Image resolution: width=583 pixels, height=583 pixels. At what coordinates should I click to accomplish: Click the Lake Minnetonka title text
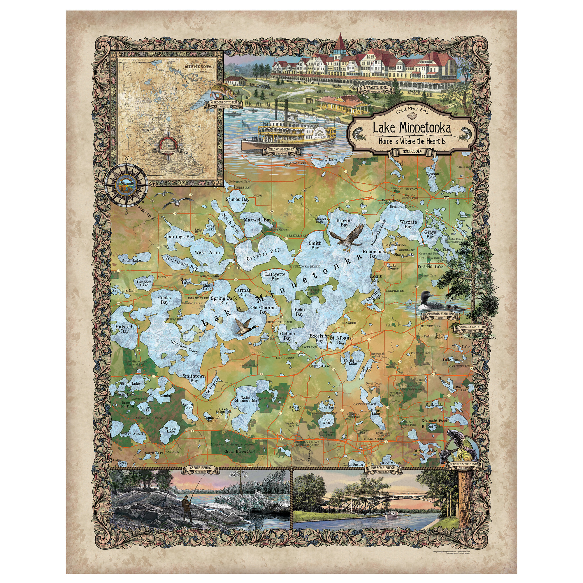412,128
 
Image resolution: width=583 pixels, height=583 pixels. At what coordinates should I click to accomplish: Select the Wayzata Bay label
408,224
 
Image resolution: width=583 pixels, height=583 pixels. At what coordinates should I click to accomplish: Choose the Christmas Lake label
352,362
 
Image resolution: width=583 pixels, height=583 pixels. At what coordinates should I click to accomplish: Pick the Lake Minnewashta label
246,399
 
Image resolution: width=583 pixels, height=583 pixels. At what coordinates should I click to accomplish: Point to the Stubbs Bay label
238,199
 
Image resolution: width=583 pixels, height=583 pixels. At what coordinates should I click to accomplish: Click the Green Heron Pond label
240,452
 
